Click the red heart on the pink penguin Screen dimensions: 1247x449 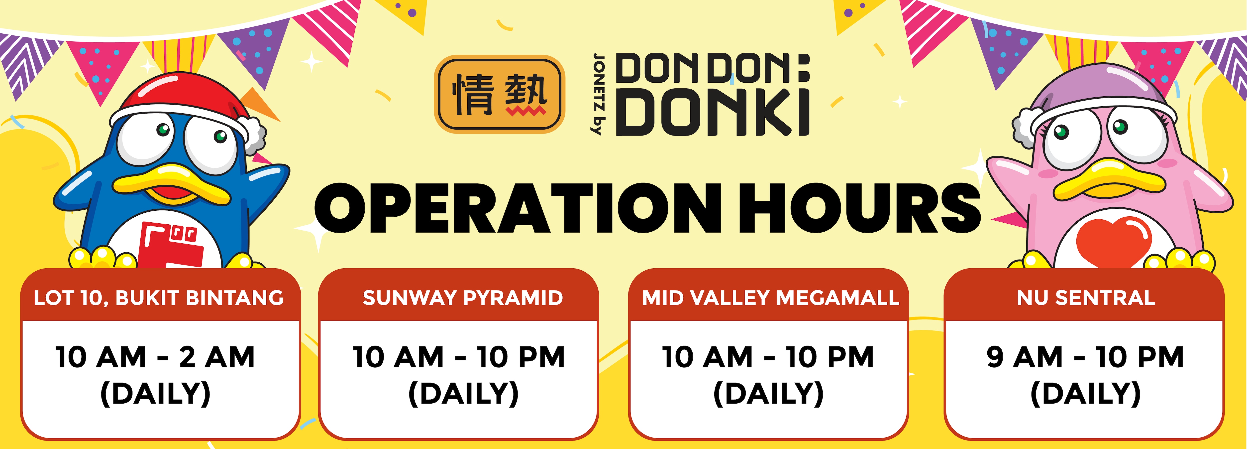(1113, 242)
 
